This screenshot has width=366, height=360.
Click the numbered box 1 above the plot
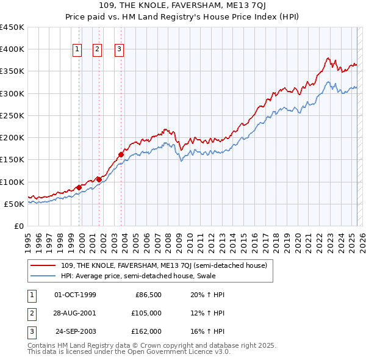pos(78,50)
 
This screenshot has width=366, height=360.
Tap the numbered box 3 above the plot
pos(119,50)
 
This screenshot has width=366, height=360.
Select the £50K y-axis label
pos(15,204)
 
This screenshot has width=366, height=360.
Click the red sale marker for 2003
pos(121,154)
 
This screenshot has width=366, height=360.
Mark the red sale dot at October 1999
pos(79,187)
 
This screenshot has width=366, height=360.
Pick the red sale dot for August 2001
pos(99,179)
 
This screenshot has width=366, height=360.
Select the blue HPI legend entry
pos(152,276)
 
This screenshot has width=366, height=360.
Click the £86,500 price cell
pos(148,295)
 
